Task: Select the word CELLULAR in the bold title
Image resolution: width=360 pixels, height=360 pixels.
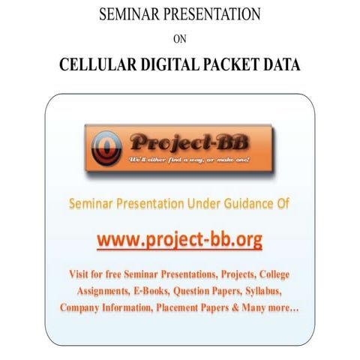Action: click(x=98, y=65)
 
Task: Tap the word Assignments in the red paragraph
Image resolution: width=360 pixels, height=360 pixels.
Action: click(x=109, y=291)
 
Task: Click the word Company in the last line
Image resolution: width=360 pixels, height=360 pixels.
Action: click(x=85, y=307)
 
